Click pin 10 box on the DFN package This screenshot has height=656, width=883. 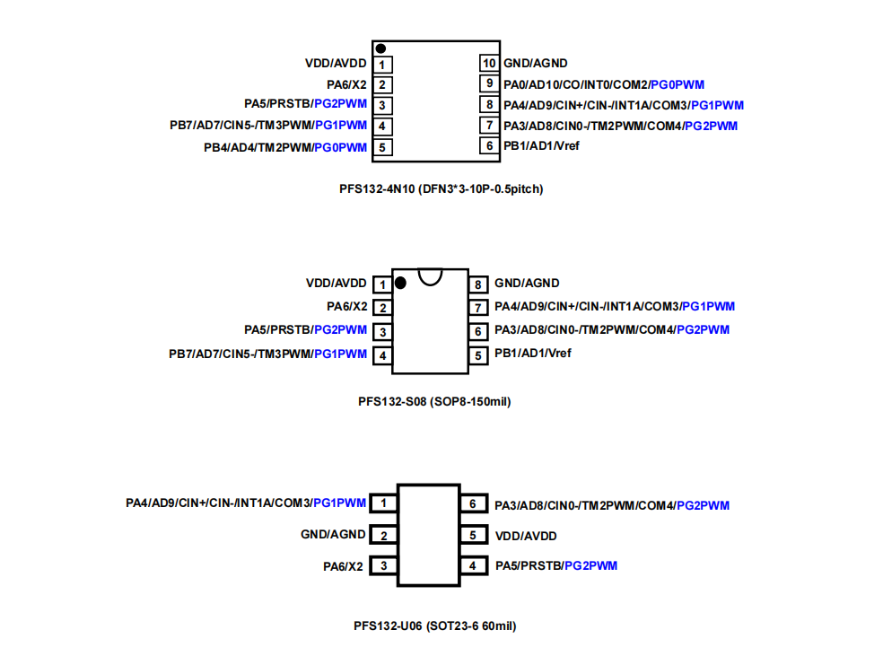489,64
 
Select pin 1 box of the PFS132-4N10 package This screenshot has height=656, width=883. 382,65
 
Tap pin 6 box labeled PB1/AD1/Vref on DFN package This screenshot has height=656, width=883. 489,145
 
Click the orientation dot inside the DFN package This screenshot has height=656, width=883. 381,48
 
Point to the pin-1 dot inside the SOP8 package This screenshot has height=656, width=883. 400,283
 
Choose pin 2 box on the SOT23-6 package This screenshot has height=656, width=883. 383,536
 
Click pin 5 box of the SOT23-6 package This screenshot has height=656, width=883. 473,536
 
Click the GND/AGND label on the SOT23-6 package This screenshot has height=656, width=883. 333,535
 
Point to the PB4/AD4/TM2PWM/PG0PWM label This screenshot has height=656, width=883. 285,147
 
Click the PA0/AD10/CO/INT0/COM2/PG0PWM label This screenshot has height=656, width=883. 604,84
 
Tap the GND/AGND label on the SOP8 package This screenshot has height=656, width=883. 527,284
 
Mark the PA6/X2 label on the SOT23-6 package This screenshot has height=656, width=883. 344,566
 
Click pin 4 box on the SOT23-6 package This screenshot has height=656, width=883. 473,566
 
